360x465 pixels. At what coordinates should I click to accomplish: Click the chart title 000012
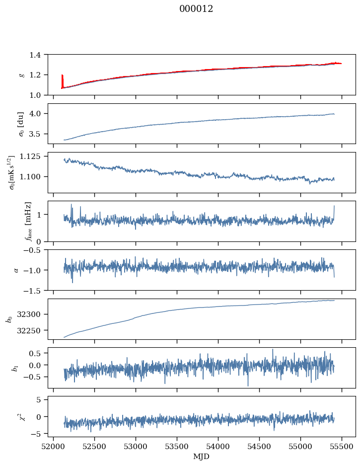[196, 9]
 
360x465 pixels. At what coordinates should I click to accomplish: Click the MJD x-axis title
[202, 456]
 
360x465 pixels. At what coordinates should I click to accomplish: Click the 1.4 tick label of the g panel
[38, 55]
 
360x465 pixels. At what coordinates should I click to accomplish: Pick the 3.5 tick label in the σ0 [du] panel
[38, 134]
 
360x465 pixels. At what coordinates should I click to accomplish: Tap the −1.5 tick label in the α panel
[34, 290]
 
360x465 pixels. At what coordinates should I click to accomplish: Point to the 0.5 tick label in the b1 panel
[38, 353]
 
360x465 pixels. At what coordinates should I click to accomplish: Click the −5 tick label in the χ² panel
[39, 434]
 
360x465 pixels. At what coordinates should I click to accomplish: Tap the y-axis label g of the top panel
[21, 75]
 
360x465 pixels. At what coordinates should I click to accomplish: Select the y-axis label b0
[8, 319]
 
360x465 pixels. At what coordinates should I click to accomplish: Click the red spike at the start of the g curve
[62, 79]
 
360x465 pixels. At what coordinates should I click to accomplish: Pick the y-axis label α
[16, 270]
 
